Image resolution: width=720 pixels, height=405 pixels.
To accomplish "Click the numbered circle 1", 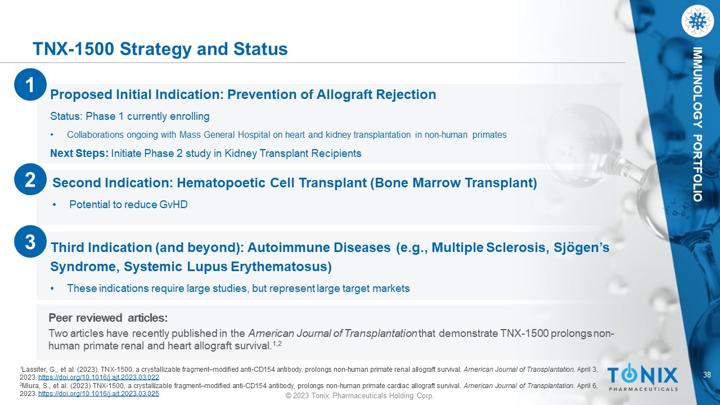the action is point(30,84).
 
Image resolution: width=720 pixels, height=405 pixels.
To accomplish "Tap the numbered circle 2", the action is point(30,179).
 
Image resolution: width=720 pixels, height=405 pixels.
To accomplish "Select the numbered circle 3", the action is point(30,241).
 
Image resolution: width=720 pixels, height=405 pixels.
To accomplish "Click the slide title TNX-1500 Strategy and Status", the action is point(160,49).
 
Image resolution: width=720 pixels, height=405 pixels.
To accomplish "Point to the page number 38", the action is point(707,375).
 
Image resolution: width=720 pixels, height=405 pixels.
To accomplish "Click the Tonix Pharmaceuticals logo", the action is point(642,377).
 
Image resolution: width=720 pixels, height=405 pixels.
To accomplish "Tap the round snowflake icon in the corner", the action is point(697,21).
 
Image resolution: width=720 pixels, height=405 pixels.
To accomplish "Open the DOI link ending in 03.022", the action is point(98,377).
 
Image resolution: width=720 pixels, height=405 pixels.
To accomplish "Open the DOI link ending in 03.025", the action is point(98,393).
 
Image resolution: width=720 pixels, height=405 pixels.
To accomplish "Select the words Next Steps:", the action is point(79,154).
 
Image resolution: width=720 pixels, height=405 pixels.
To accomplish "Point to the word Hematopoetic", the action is point(221,183).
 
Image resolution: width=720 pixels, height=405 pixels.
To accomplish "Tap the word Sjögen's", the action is point(581,247).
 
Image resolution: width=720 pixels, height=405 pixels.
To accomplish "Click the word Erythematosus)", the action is point(281,267).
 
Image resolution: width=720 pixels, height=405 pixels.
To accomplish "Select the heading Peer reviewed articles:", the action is point(108,318).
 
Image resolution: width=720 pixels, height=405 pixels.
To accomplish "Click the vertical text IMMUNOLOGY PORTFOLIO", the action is point(697,124).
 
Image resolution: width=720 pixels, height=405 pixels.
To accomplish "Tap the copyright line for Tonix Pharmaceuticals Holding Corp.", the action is point(359,395).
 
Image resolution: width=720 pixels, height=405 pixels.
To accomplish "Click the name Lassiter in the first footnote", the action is point(31,370).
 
